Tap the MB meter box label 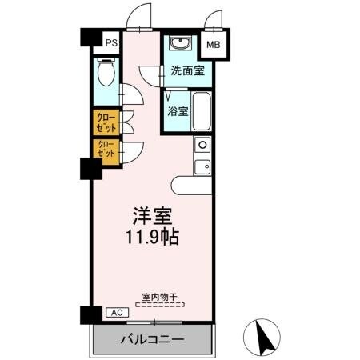214,45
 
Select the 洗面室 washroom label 186,70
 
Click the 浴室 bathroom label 178,111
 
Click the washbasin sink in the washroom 178,43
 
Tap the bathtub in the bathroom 201,111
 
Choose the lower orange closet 106,149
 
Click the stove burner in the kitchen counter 202,146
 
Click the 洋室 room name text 151,217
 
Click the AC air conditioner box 114,313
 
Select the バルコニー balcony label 152,339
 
